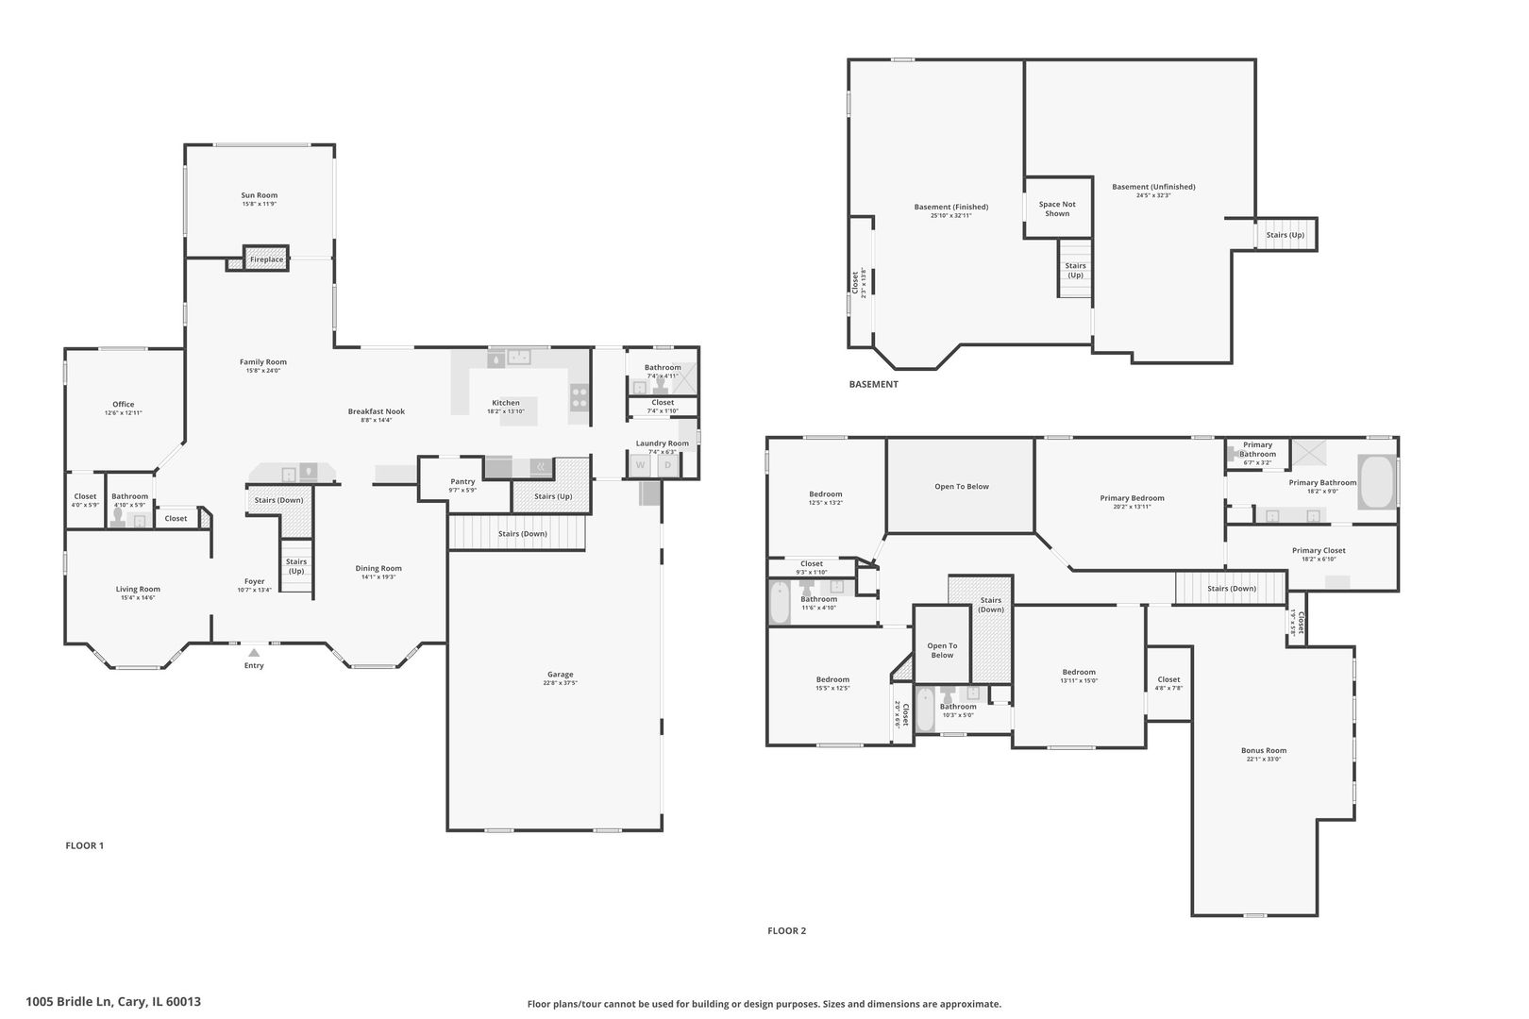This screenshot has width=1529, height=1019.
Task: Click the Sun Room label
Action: click(x=259, y=195)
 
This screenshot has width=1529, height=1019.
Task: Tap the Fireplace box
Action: click(x=266, y=259)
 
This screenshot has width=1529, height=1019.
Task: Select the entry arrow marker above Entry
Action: click(x=254, y=651)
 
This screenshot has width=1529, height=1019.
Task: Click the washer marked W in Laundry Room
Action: click(x=640, y=465)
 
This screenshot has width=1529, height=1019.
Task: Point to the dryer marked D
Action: click(x=667, y=465)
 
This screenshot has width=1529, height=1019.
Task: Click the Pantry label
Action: click(x=462, y=482)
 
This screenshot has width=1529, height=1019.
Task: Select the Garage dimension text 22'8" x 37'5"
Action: click(x=560, y=683)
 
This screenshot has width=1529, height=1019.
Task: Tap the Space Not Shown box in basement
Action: click(x=1057, y=209)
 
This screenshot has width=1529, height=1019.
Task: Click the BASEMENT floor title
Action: click(x=873, y=384)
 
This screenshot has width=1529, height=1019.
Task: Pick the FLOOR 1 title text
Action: click(x=84, y=845)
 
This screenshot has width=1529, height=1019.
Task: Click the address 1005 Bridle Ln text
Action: click(x=113, y=1002)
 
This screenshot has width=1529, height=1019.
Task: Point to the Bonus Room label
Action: click(x=1263, y=751)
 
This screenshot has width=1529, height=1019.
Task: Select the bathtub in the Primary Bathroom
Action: click(x=1376, y=482)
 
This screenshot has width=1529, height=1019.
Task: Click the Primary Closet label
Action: click(x=1319, y=550)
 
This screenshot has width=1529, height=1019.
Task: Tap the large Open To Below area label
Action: click(x=961, y=487)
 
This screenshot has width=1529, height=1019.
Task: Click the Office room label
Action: click(x=123, y=404)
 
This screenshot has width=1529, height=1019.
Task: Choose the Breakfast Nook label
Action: click(x=376, y=411)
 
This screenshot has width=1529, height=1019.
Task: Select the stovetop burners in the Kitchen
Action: click(x=579, y=398)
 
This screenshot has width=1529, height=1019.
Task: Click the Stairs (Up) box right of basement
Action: click(x=1285, y=234)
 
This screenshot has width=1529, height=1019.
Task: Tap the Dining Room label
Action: click(x=378, y=568)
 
